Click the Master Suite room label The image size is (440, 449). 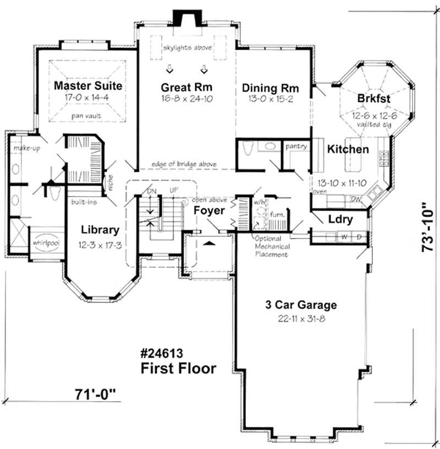coord(88,86)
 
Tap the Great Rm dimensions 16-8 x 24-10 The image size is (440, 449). coord(186,99)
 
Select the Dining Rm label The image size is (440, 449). coord(270,88)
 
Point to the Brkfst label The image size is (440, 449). coord(373,98)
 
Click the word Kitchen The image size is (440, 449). coord(348,149)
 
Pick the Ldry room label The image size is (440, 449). coord(340,219)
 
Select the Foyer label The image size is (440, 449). coord(209,211)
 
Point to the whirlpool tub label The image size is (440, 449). coord(46,242)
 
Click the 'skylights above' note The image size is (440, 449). coord(187,48)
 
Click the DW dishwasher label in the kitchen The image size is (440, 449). coord(355,199)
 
